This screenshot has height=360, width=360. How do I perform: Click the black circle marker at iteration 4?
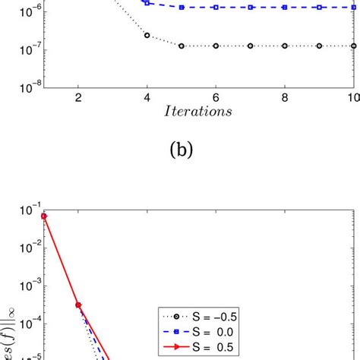pyautogui.click(x=147, y=36)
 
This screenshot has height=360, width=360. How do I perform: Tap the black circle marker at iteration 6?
pyautogui.click(x=216, y=46)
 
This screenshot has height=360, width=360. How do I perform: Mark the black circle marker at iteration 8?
pyautogui.click(x=284, y=46)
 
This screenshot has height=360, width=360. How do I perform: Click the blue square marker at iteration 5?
pyautogui.click(x=182, y=7)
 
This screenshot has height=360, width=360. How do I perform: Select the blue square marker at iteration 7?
pyautogui.click(x=250, y=7)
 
